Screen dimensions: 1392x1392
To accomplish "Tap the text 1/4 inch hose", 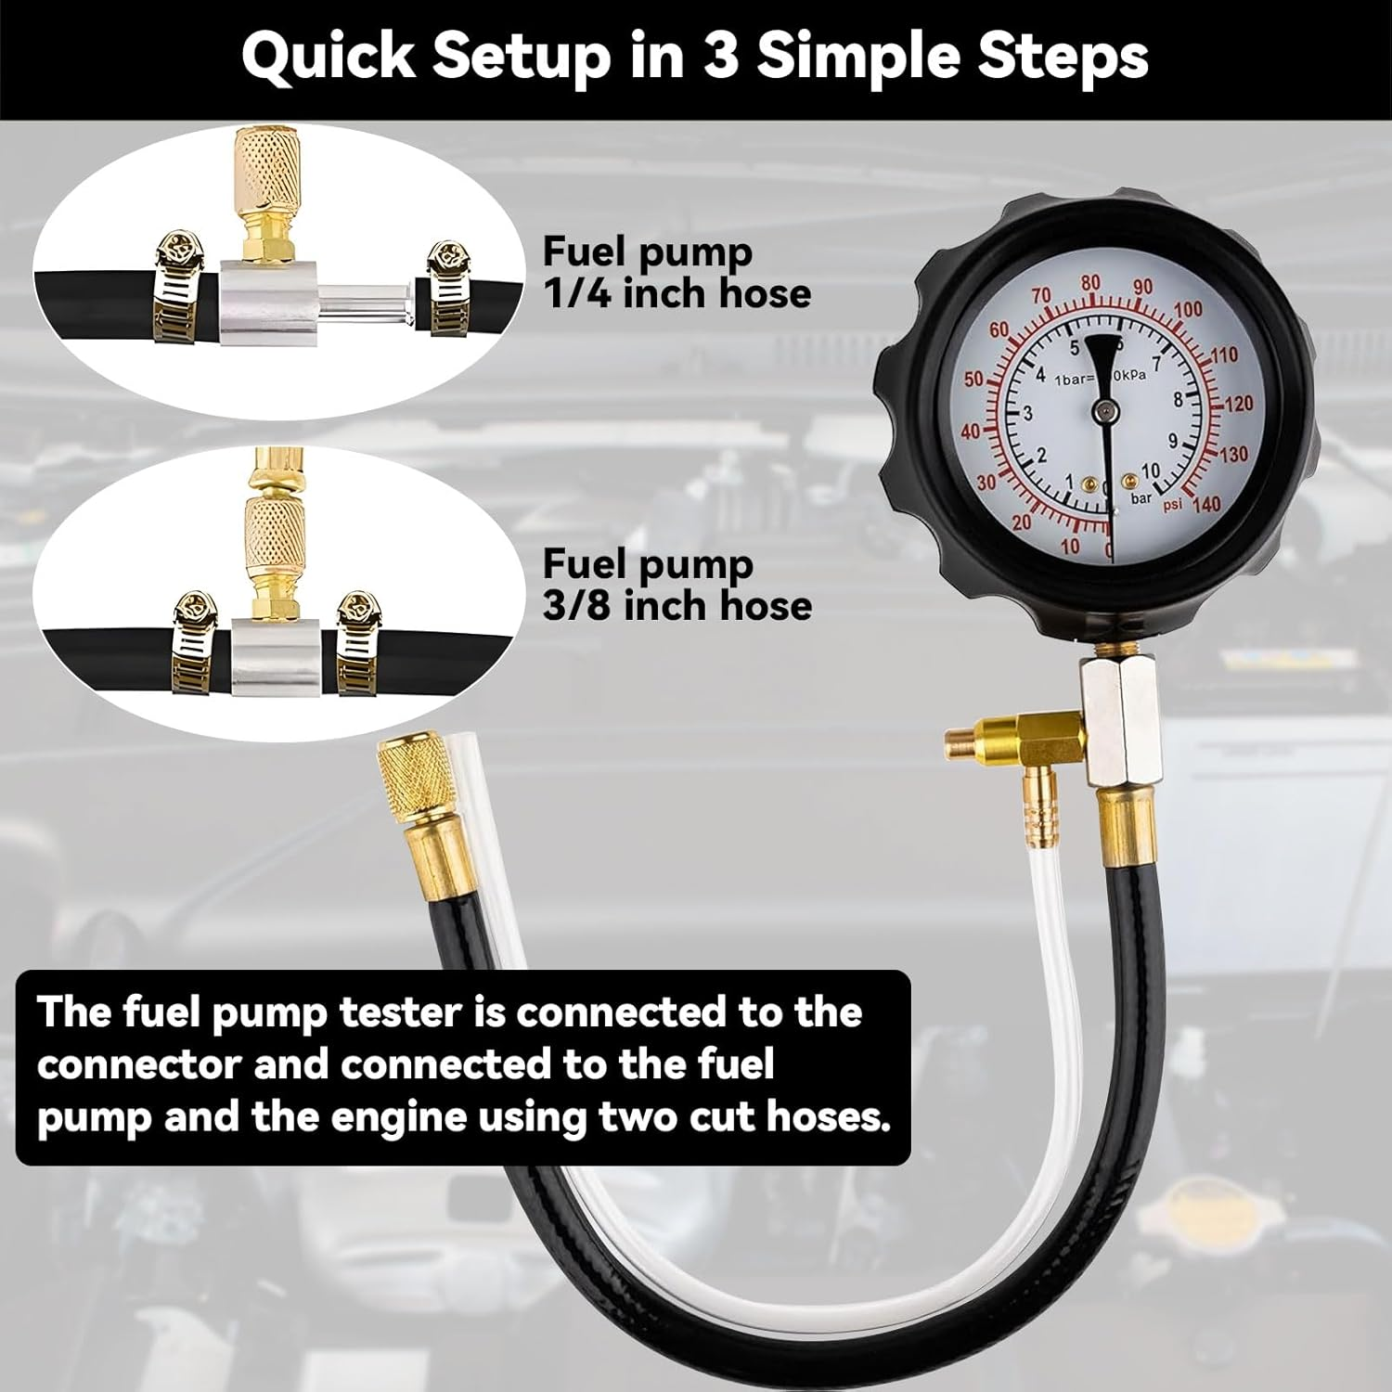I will (677, 293).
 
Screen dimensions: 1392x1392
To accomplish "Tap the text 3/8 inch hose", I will (677, 605).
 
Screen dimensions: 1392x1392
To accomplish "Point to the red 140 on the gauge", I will (1206, 504).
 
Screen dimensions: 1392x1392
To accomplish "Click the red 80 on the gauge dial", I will (1090, 284).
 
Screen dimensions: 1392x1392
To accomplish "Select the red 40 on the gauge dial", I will (971, 432).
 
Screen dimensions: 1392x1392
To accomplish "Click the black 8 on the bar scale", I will (1178, 400).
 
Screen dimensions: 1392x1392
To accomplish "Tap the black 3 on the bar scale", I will (1027, 414).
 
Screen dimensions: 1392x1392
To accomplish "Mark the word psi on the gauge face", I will (1173, 504).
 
